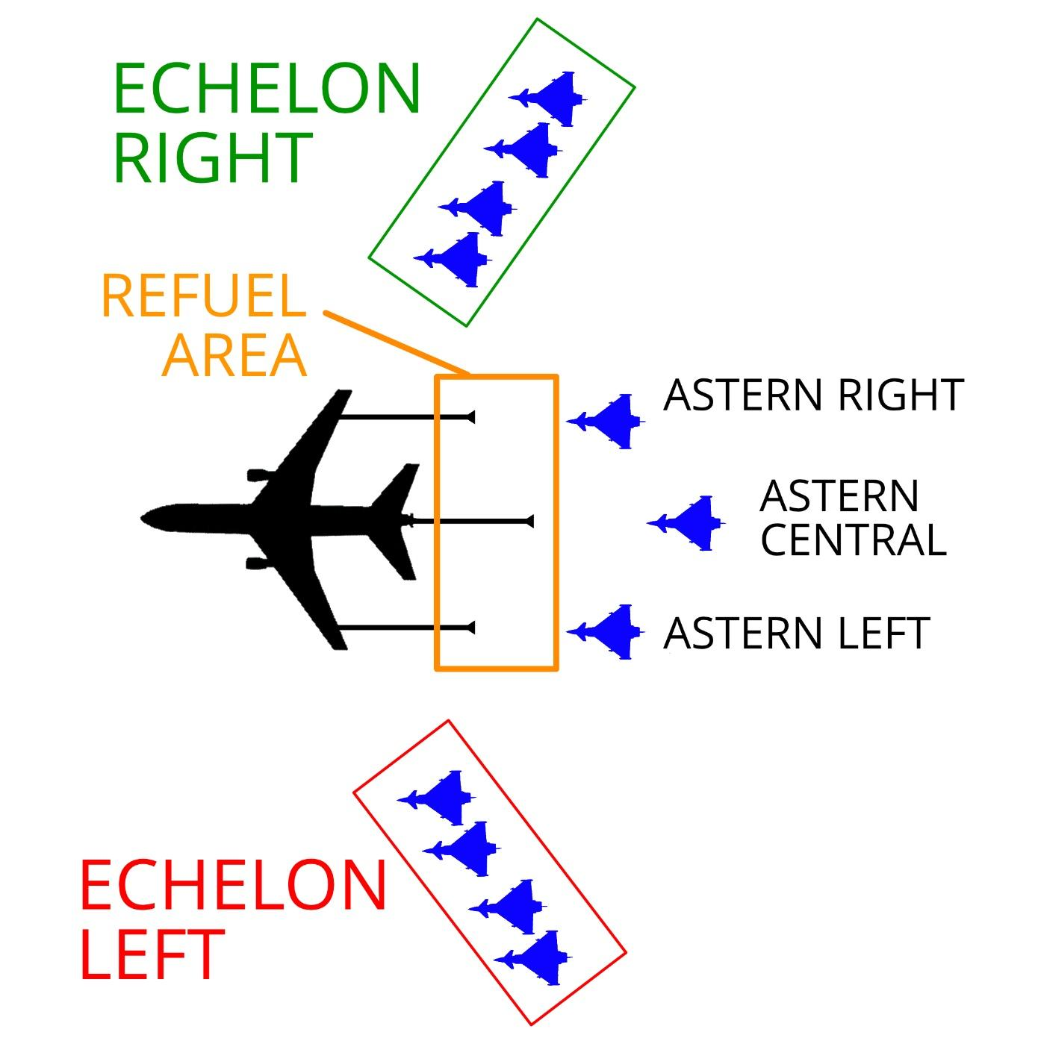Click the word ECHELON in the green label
(x=267, y=88)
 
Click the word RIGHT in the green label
(x=213, y=158)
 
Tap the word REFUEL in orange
(x=204, y=296)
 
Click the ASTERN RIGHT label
(x=814, y=395)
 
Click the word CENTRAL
(x=854, y=540)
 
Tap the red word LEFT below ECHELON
(x=152, y=954)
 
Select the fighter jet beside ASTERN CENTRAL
(x=686, y=522)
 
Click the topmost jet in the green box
(x=548, y=99)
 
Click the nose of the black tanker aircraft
(x=141, y=519)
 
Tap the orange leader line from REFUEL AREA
(x=397, y=342)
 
